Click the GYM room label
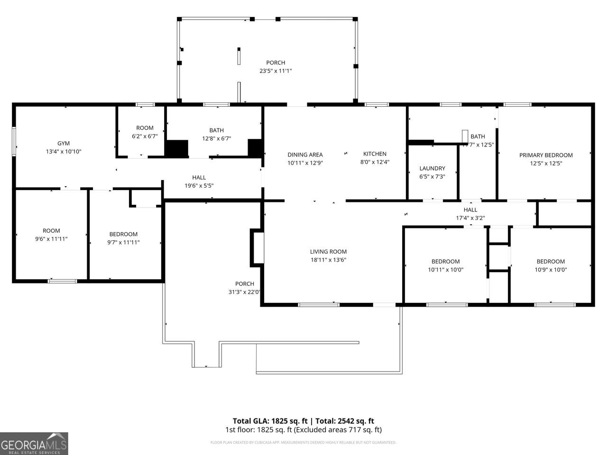[x=64, y=143]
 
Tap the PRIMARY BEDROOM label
[x=546, y=155]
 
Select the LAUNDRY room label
[x=432, y=168]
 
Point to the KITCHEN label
[x=375, y=154]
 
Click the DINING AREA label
[x=305, y=155]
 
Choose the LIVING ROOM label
[x=328, y=252]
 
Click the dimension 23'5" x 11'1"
[x=276, y=71]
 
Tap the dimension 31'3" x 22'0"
[x=245, y=292]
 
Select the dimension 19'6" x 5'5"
[x=199, y=186]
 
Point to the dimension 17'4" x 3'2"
[x=470, y=218]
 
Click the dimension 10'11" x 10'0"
[x=445, y=270]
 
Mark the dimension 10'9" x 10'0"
[x=551, y=270]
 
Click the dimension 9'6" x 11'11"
[x=51, y=239]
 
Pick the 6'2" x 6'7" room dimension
[x=145, y=136]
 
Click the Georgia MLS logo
[x=34, y=444]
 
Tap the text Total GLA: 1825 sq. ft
[x=270, y=421]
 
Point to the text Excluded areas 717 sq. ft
[x=337, y=430]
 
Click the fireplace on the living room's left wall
[x=257, y=246]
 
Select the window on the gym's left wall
[x=14, y=141]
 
